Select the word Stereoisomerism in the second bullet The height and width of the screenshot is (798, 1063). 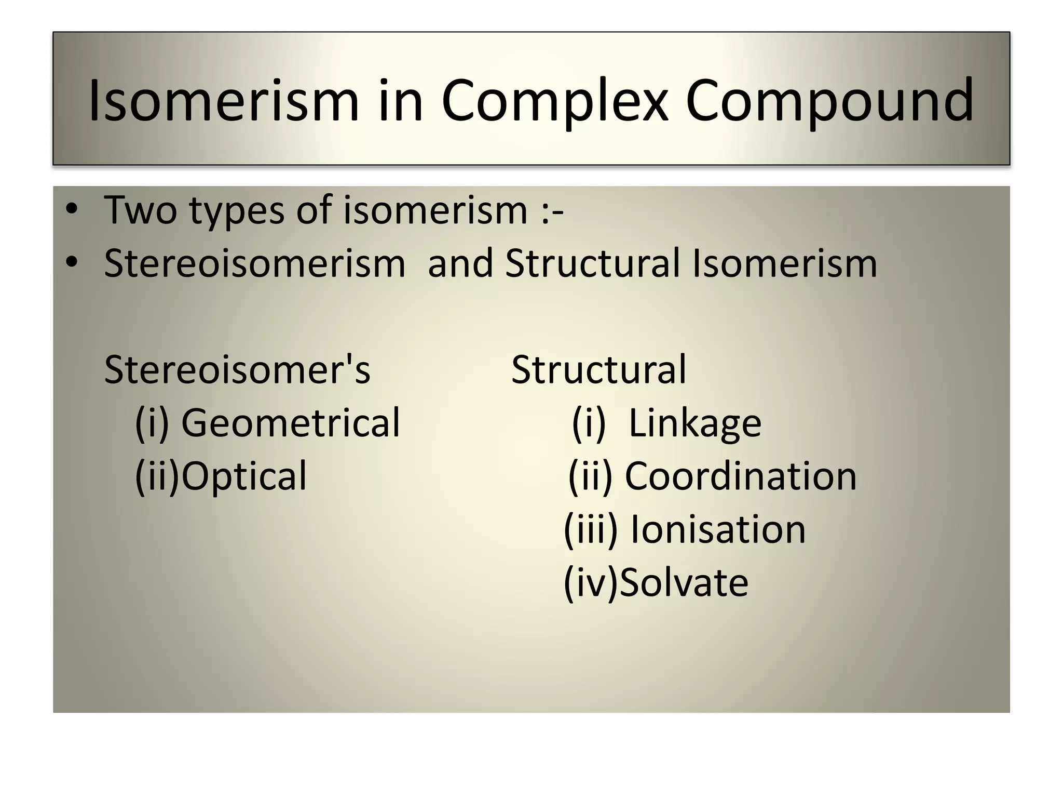254,263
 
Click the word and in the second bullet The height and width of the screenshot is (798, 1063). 460,263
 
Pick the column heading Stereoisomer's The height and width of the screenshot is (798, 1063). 237,369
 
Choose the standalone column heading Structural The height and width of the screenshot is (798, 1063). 598,369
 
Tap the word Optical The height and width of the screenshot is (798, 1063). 244,476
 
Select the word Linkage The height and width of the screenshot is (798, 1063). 694,423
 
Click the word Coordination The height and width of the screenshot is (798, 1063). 740,476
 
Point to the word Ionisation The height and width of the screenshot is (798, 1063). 717,529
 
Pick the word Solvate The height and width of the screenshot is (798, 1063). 684,582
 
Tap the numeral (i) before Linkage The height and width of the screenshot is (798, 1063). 589,423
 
